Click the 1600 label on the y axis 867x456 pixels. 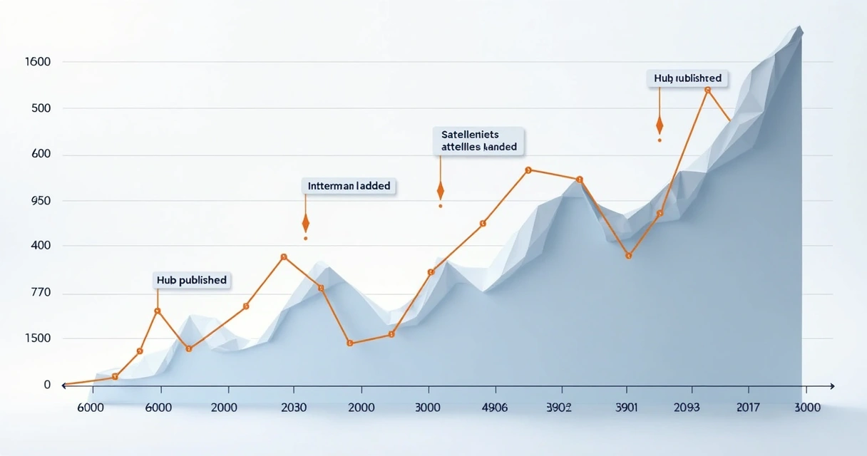37,62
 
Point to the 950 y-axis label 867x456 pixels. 37,201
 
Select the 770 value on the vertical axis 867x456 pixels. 37,292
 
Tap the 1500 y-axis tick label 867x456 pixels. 37,338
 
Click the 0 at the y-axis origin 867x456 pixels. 47,385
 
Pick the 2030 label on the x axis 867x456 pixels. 294,408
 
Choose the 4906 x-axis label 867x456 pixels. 494,408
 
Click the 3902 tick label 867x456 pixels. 559,408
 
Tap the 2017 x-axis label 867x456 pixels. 748,408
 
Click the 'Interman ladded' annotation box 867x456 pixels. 349,186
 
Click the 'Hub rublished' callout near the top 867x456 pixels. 687,78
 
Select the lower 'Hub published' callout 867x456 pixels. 191,280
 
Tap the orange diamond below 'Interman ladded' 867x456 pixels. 305,224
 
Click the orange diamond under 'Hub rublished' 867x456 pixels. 660,125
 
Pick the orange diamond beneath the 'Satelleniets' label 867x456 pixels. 441,190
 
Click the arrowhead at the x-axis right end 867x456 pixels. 831,385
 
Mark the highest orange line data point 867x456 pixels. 707,90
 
